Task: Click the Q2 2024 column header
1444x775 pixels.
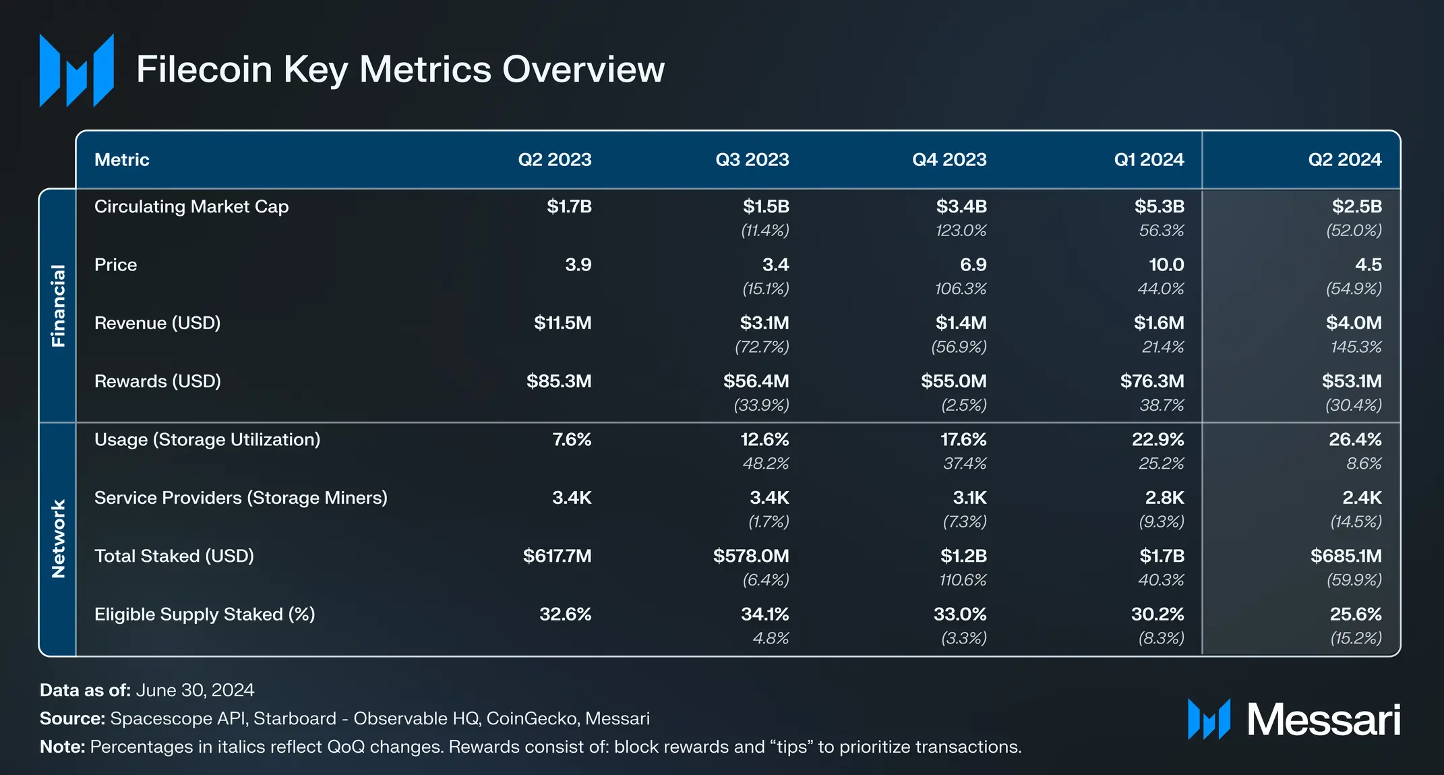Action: click(1344, 160)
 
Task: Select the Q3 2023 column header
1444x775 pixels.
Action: click(752, 160)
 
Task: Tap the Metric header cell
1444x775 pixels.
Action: click(122, 160)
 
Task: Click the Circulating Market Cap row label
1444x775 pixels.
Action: click(191, 206)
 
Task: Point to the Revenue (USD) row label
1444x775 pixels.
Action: click(158, 323)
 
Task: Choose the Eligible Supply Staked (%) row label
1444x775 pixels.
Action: click(205, 614)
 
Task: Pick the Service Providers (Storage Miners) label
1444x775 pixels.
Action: click(241, 498)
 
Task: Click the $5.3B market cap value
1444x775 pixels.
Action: click(1159, 206)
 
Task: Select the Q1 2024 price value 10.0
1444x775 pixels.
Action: click(1166, 264)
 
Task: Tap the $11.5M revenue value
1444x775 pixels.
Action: click(562, 323)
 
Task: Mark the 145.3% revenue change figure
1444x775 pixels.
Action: click(1356, 347)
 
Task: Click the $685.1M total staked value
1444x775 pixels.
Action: click(1346, 556)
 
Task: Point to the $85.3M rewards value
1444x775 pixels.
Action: click(559, 381)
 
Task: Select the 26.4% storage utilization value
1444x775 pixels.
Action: click(1355, 440)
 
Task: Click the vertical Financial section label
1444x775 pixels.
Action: click(59, 306)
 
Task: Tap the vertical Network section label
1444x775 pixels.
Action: click(59, 539)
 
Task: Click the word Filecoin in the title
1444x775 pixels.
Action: click(204, 69)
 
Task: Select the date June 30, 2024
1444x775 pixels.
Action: click(195, 690)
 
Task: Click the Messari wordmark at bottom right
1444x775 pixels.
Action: click(1323, 720)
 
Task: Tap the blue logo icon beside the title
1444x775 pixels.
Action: click(76, 70)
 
